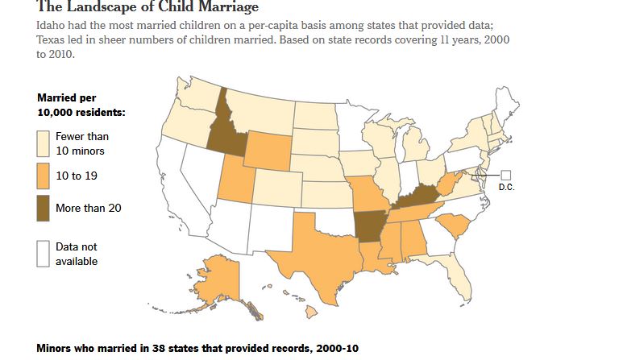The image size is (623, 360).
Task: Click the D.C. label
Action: point(507,187)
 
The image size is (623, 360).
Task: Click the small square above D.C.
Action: point(506,175)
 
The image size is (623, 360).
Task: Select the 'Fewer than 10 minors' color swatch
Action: point(44,143)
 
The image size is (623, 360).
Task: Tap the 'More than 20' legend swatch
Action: point(44,208)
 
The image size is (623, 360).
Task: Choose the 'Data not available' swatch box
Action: point(44,253)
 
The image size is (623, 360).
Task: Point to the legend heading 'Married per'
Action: point(67,97)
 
